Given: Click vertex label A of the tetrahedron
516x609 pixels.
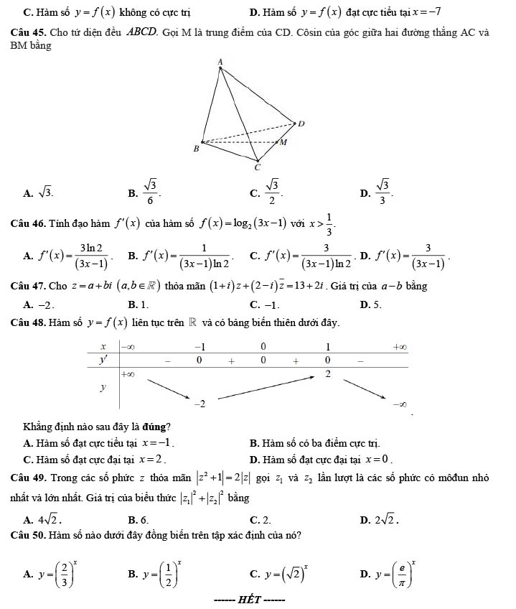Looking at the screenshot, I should coord(220,63).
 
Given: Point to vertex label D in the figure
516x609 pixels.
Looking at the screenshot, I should coord(301,124).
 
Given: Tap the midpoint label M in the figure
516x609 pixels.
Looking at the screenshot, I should coord(283,142).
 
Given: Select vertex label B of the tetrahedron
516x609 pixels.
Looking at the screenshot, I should coord(195,149).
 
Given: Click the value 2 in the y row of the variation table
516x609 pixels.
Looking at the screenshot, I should coord(328,375).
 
